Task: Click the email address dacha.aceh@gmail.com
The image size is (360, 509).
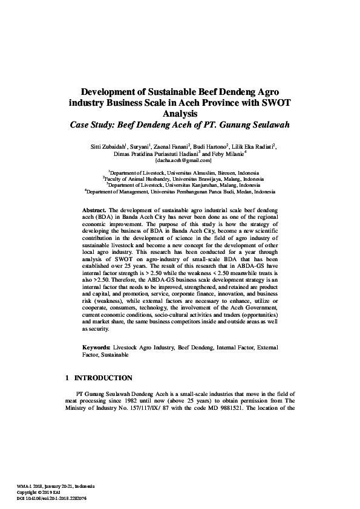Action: tap(180, 161)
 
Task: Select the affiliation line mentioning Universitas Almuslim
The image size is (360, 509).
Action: tap(180, 172)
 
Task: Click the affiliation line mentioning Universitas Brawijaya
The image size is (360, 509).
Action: tap(180, 179)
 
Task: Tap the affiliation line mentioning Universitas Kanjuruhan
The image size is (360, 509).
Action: tap(180, 185)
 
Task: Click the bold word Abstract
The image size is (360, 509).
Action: tap(94, 209)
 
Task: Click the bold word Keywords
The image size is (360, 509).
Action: tap(96, 349)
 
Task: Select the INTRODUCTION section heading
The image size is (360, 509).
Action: tap(103, 378)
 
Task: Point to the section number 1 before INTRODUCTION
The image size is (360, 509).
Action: tap(67, 378)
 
